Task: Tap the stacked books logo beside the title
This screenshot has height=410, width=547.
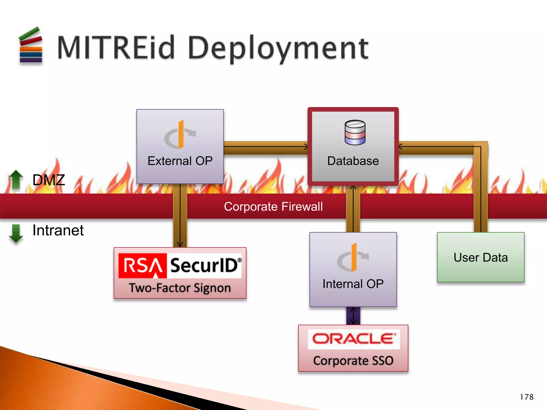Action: click(31, 46)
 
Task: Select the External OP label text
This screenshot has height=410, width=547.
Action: click(180, 161)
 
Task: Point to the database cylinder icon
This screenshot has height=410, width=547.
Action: click(355, 132)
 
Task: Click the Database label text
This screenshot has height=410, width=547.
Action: click(353, 161)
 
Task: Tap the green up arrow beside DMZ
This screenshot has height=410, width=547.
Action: click(16, 179)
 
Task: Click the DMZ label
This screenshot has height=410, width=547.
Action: click(49, 180)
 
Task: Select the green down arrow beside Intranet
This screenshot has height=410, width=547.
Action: click(16, 233)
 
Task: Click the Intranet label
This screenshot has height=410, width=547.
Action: click(58, 230)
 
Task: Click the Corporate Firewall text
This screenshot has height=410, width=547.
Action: click(273, 207)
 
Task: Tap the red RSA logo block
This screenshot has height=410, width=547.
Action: click(143, 266)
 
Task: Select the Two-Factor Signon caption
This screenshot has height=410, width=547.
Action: click(180, 288)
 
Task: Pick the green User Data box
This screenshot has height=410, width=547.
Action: click(480, 257)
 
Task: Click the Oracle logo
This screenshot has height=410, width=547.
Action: click(353, 339)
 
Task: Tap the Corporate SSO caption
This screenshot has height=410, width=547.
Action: click(353, 361)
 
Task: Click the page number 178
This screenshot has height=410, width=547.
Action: click(526, 397)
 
